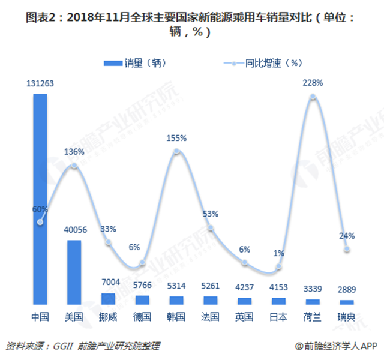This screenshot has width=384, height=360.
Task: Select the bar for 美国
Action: click(x=74, y=273)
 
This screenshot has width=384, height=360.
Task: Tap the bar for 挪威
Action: click(x=108, y=299)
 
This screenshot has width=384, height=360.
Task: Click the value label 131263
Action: click(x=40, y=84)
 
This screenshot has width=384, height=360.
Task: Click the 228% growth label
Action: click(x=313, y=82)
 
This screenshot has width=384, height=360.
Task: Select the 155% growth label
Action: click(x=176, y=137)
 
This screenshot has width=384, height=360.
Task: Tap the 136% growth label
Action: click(x=74, y=152)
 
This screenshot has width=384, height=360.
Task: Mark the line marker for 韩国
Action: click(x=176, y=151)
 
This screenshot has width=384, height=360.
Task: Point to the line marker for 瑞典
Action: click(x=347, y=249)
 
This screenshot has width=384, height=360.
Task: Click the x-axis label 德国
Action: click(x=142, y=316)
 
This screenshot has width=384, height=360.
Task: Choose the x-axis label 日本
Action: click(x=278, y=316)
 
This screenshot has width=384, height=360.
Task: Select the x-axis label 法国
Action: click(x=211, y=316)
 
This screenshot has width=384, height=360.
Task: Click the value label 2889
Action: click(x=347, y=290)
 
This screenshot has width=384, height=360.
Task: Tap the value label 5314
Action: click(x=176, y=286)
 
